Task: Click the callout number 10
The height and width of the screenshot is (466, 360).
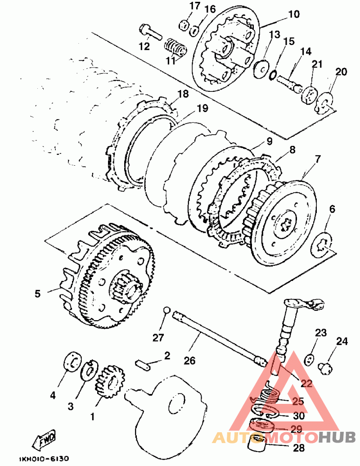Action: (x=294, y=14)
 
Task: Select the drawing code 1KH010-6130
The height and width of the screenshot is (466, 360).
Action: (x=44, y=458)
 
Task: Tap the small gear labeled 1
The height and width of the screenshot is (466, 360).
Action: (x=109, y=382)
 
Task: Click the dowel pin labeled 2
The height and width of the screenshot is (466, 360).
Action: (x=143, y=365)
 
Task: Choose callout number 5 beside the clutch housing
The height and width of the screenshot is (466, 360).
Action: (x=37, y=294)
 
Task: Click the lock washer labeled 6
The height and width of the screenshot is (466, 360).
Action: (x=322, y=244)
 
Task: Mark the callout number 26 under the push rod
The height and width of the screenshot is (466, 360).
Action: (x=189, y=361)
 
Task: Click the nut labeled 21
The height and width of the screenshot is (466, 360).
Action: (x=309, y=95)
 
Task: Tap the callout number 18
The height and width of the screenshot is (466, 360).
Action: (x=183, y=94)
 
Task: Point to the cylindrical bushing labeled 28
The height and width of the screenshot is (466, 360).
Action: (x=256, y=443)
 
